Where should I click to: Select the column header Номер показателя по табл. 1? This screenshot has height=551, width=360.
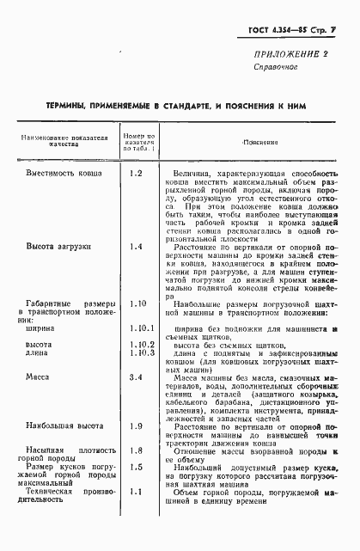pos(137,141)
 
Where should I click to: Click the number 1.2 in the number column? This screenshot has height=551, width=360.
pos(135,174)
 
